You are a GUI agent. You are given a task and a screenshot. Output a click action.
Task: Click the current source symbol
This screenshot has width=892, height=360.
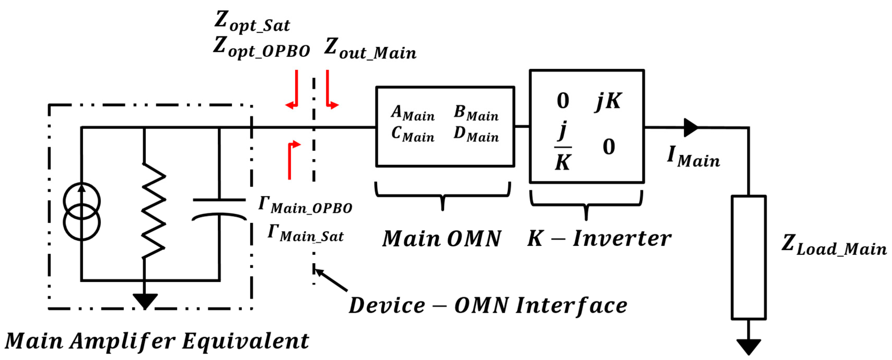click(x=82, y=211)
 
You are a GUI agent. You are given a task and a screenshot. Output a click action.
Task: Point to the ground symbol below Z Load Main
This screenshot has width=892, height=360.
click(x=748, y=346)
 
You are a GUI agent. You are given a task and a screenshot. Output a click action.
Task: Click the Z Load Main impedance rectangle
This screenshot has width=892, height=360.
click(x=748, y=257)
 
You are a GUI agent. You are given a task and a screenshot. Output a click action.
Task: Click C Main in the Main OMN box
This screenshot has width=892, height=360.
click(x=412, y=134)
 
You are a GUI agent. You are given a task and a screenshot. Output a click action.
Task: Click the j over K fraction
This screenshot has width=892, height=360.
click(x=563, y=146)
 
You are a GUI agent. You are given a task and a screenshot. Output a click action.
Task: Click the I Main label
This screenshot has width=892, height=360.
click(x=693, y=157)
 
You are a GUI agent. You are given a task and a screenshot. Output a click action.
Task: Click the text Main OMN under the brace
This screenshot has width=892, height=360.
click(x=442, y=239)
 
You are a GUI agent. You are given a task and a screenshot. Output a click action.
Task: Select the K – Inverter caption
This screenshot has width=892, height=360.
click(x=599, y=239)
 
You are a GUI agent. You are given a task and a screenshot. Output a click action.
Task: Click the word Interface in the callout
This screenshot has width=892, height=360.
click(x=571, y=306)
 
